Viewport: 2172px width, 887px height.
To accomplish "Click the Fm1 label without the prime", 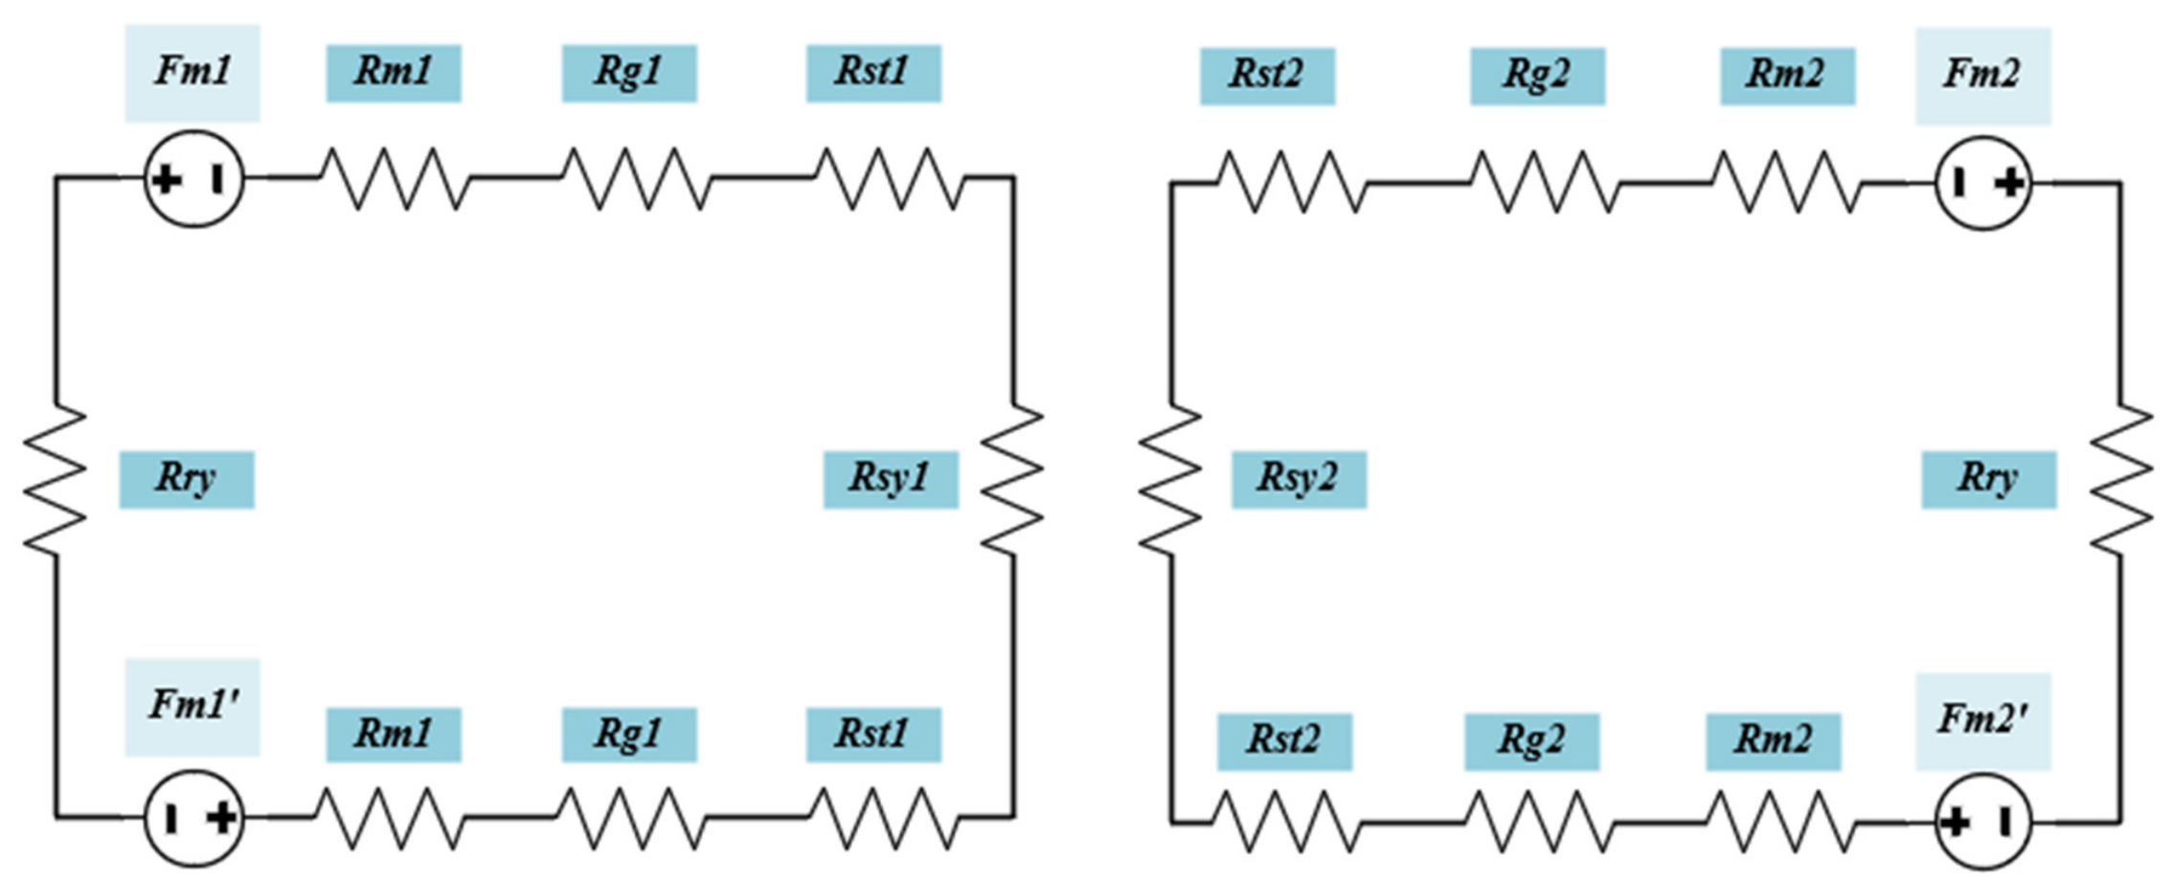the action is pyautogui.click(x=192, y=72).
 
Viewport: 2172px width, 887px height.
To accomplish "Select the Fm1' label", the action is pyautogui.click(x=192, y=706).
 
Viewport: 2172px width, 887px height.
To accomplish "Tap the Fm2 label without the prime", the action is pyautogui.click(x=1982, y=75).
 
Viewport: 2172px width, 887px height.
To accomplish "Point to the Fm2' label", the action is pyautogui.click(x=1982, y=720).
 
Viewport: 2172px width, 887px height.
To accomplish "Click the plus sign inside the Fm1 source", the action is pyautogui.click(x=167, y=179).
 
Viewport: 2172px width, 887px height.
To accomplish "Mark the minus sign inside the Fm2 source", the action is pyautogui.click(x=1959, y=182).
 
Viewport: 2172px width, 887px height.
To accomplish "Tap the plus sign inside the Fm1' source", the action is pyautogui.click(x=222, y=819).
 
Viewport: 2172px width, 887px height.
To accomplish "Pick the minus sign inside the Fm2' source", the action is pyautogui.click(x=2004, y=822).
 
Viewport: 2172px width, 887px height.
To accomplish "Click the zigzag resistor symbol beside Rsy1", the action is pyautogui.click(x=1013, y=479).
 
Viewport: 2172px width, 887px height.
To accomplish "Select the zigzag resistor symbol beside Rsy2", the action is pyautogui.click(x=1170, y=479).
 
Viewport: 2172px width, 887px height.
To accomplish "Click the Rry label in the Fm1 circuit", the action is pyautogui.click(x=187, y=479).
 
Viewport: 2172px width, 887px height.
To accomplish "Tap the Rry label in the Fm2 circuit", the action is pyautogui.click(x=1988, y=479).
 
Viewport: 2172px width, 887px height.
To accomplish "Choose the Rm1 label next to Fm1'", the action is pyautogui.click(x=394, y=735).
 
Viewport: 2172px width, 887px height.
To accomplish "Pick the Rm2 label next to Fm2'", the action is pyautogui.click(x=1773, y=740).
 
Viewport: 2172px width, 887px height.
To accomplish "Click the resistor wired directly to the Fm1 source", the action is pyautogui.click(x=395, y=178).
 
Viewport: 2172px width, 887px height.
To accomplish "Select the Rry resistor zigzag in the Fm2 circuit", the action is pyautogui.click(x=2120, y=479).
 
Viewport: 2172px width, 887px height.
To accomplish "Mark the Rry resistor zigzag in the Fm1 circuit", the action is pyautogui.click(x=55, y=479).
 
